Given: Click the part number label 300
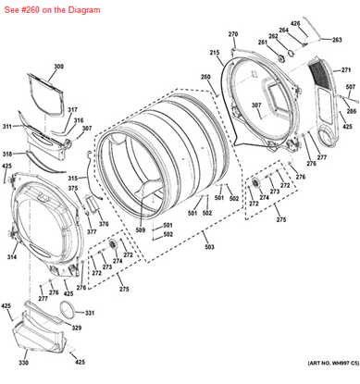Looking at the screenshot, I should [x=59, y=67].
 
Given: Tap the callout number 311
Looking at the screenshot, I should [x=7, y=127].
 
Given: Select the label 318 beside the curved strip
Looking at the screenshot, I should [x=7, y=154].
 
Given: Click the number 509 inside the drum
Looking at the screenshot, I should [x=141, y=229].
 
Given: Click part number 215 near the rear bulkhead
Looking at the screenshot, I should [x=214, y=53].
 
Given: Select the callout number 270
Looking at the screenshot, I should [x=233, y=34].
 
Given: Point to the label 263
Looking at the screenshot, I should [x=337, y=40].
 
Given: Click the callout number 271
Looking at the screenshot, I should [x=346, y=70].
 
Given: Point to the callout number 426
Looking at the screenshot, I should [x=296, y=22].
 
